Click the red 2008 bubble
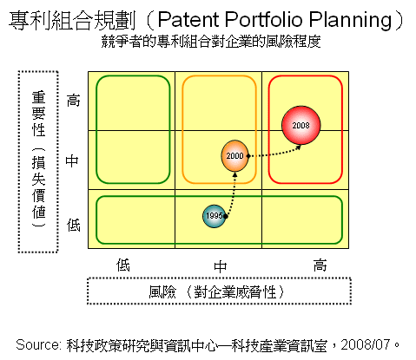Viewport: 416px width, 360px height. (x=301, y=125)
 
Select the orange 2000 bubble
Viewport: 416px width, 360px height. (x=234, y=156)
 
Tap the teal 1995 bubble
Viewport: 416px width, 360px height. (x=215, y=216)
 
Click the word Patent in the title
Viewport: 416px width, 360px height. (x=189, y=20)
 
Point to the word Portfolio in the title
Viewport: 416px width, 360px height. (x=264, y=20)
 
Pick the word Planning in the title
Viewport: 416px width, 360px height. (x=350, y=20)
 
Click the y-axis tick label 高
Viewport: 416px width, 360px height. (x=73, y=101)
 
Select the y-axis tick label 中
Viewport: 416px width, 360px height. (x=72, y=160)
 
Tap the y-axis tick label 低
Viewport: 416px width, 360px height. (x=73, y=225)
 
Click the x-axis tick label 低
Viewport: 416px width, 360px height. (x=123, y=265)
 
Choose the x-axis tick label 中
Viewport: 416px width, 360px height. (x=220, y=266)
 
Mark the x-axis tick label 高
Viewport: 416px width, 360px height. (x=320, y=265)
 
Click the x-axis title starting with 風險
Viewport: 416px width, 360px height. (x=217, y=291)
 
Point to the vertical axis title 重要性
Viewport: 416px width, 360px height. (x=39, y=114)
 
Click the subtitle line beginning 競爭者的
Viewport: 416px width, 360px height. (x=211, y=42)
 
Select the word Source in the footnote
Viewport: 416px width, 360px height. (x=37, y=345)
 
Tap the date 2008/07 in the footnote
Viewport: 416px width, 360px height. (x=366, y=344)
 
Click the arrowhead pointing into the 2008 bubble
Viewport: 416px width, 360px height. (x=299, y=147)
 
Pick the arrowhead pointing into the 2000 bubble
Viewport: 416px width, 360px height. (x=235, y=174)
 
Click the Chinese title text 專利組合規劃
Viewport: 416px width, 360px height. (x=72, y=21)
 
